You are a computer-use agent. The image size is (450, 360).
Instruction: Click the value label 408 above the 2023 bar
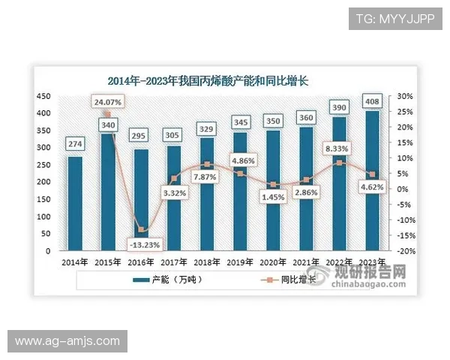tap(371, 101)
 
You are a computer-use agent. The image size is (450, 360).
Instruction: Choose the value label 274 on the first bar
tap(75, 143)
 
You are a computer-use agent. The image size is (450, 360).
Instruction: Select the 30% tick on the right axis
tap(404, 97)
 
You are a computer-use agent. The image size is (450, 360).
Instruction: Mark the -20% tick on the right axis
tap(404, 251)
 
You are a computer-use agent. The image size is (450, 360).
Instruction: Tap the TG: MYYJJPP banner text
tap(394, 18)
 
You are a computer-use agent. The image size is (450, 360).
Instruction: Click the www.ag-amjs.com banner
tap(67, 341)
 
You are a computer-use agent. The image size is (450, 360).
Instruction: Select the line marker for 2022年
tap(339, 163)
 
